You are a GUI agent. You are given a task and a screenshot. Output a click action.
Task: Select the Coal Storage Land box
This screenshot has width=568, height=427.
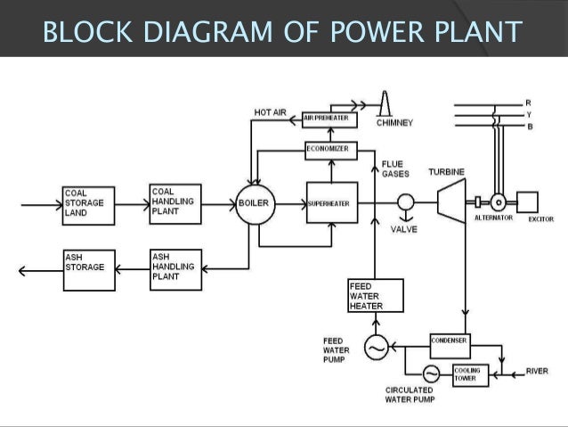tap(86, 203)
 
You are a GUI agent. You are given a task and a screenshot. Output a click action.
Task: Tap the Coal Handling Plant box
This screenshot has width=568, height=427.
tap(175, 202)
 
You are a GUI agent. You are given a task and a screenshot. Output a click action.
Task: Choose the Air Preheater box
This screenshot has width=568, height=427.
tap(325, 118)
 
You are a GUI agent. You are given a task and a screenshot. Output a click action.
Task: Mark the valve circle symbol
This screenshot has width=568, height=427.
tap(406, 203)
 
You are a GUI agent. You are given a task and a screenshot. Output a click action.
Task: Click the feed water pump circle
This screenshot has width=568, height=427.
tap(375, 349)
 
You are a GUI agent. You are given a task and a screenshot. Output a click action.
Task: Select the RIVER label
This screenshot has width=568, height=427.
tap(538, 371)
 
